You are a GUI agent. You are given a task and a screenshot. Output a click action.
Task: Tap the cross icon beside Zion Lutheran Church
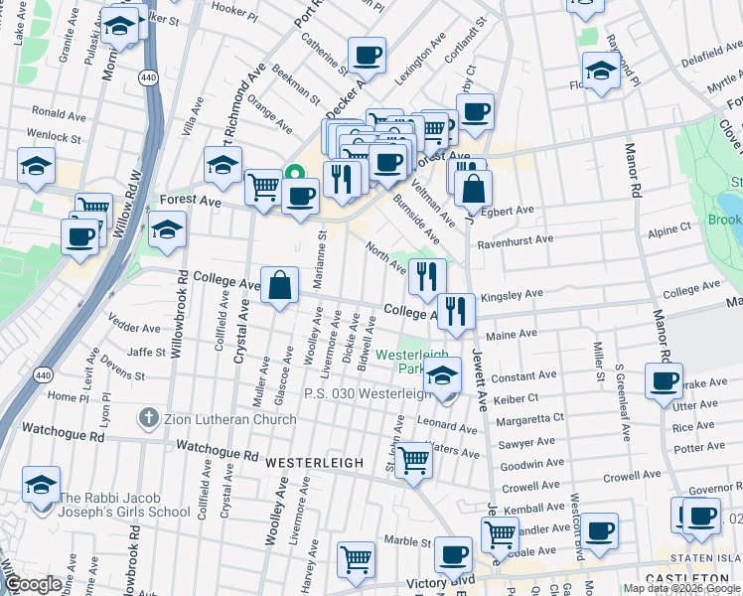tap(148, 419)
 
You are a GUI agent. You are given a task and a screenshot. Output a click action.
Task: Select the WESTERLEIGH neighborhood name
tap(306, 462)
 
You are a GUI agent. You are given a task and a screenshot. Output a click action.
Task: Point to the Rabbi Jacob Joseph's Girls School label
tap(124, 506)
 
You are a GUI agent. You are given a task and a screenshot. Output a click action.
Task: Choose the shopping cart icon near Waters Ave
tap(413, 461)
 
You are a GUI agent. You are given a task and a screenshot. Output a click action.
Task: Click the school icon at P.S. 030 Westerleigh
tap(443, 377)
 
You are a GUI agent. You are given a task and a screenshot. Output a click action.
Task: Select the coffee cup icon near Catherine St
tap(366, 56)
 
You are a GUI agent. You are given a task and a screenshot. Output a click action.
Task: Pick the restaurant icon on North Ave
tap(427, 276)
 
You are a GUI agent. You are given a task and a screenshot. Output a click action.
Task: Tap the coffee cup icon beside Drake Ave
tap(664, 380)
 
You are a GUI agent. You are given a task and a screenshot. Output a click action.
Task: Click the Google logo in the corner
tap(33, 584)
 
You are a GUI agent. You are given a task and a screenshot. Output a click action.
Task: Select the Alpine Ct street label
tap(669, 227)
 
